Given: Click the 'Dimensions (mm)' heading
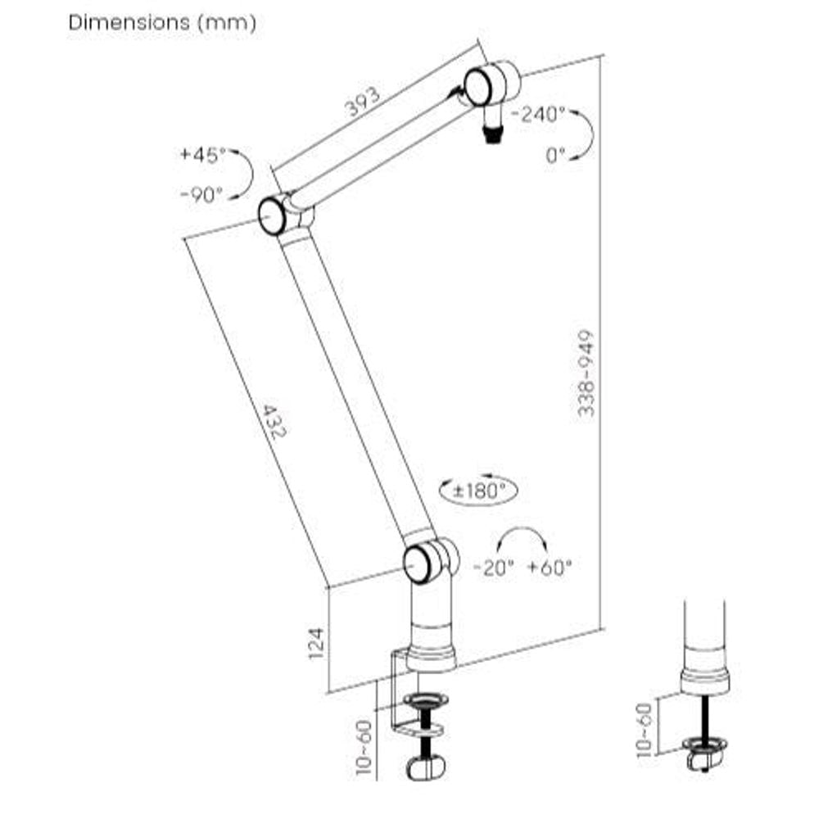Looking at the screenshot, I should pos(162,23).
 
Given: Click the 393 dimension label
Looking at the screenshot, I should pos(361,102).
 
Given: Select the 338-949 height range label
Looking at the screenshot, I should pos(586,373).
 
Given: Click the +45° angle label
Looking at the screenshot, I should pos(203,154).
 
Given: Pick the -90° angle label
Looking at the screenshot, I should pos(201,195).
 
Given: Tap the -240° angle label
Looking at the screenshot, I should pos(538,114).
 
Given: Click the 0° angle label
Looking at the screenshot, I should pos(556,155).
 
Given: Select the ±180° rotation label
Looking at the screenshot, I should pos(478,491).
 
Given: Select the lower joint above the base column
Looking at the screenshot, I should pos(420,563).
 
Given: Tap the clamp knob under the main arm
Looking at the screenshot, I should pos(424,769).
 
